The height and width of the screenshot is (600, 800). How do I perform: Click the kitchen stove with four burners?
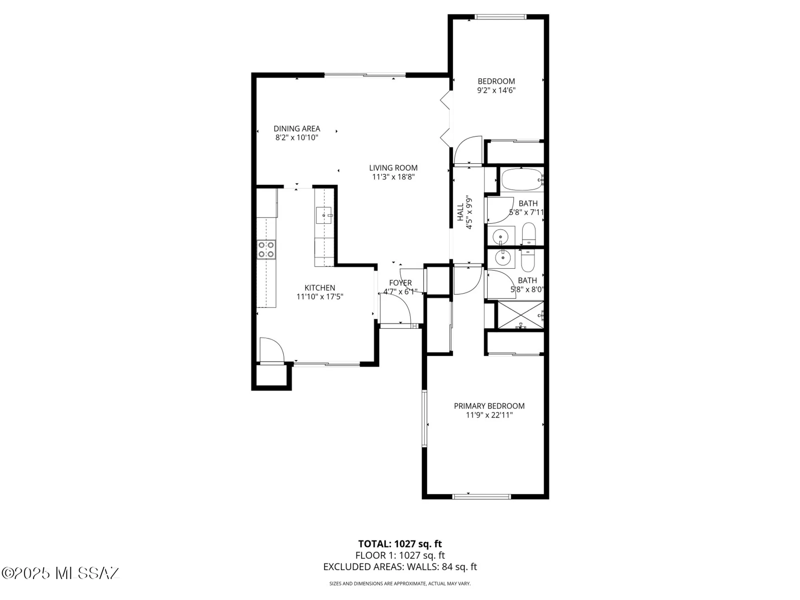coord(266,250)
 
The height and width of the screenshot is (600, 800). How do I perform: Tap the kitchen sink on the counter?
coord(324,215)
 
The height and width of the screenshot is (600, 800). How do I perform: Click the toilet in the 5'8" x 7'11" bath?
coord(529,234)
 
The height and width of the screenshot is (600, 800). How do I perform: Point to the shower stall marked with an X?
coord(520,316)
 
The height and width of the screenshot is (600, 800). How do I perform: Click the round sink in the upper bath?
coord(500,236)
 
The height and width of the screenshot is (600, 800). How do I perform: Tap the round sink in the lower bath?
coord(502,258)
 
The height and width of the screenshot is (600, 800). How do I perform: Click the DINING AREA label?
coord(297,129)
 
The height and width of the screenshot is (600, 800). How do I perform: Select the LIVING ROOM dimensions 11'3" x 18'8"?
coord(393,177)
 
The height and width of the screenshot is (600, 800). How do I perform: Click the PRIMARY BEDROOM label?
coord(489,406)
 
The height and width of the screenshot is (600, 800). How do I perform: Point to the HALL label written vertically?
coord(460,212)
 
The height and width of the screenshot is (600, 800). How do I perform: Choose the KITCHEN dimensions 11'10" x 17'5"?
coord(320,297)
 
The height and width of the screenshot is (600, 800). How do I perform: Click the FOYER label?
coord(400,283)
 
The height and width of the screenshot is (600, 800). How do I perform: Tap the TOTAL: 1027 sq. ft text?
coord(400,544)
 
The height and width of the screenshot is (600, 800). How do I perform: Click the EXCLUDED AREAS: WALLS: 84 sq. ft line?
coord(400,567)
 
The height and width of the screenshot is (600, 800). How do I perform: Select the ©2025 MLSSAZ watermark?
coord(60,573)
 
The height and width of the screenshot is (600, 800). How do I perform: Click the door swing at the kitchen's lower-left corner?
coord(272,350)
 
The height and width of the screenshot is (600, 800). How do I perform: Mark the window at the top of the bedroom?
coord(500,17)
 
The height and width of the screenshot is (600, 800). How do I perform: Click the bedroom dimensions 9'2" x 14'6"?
coord(496,90)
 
